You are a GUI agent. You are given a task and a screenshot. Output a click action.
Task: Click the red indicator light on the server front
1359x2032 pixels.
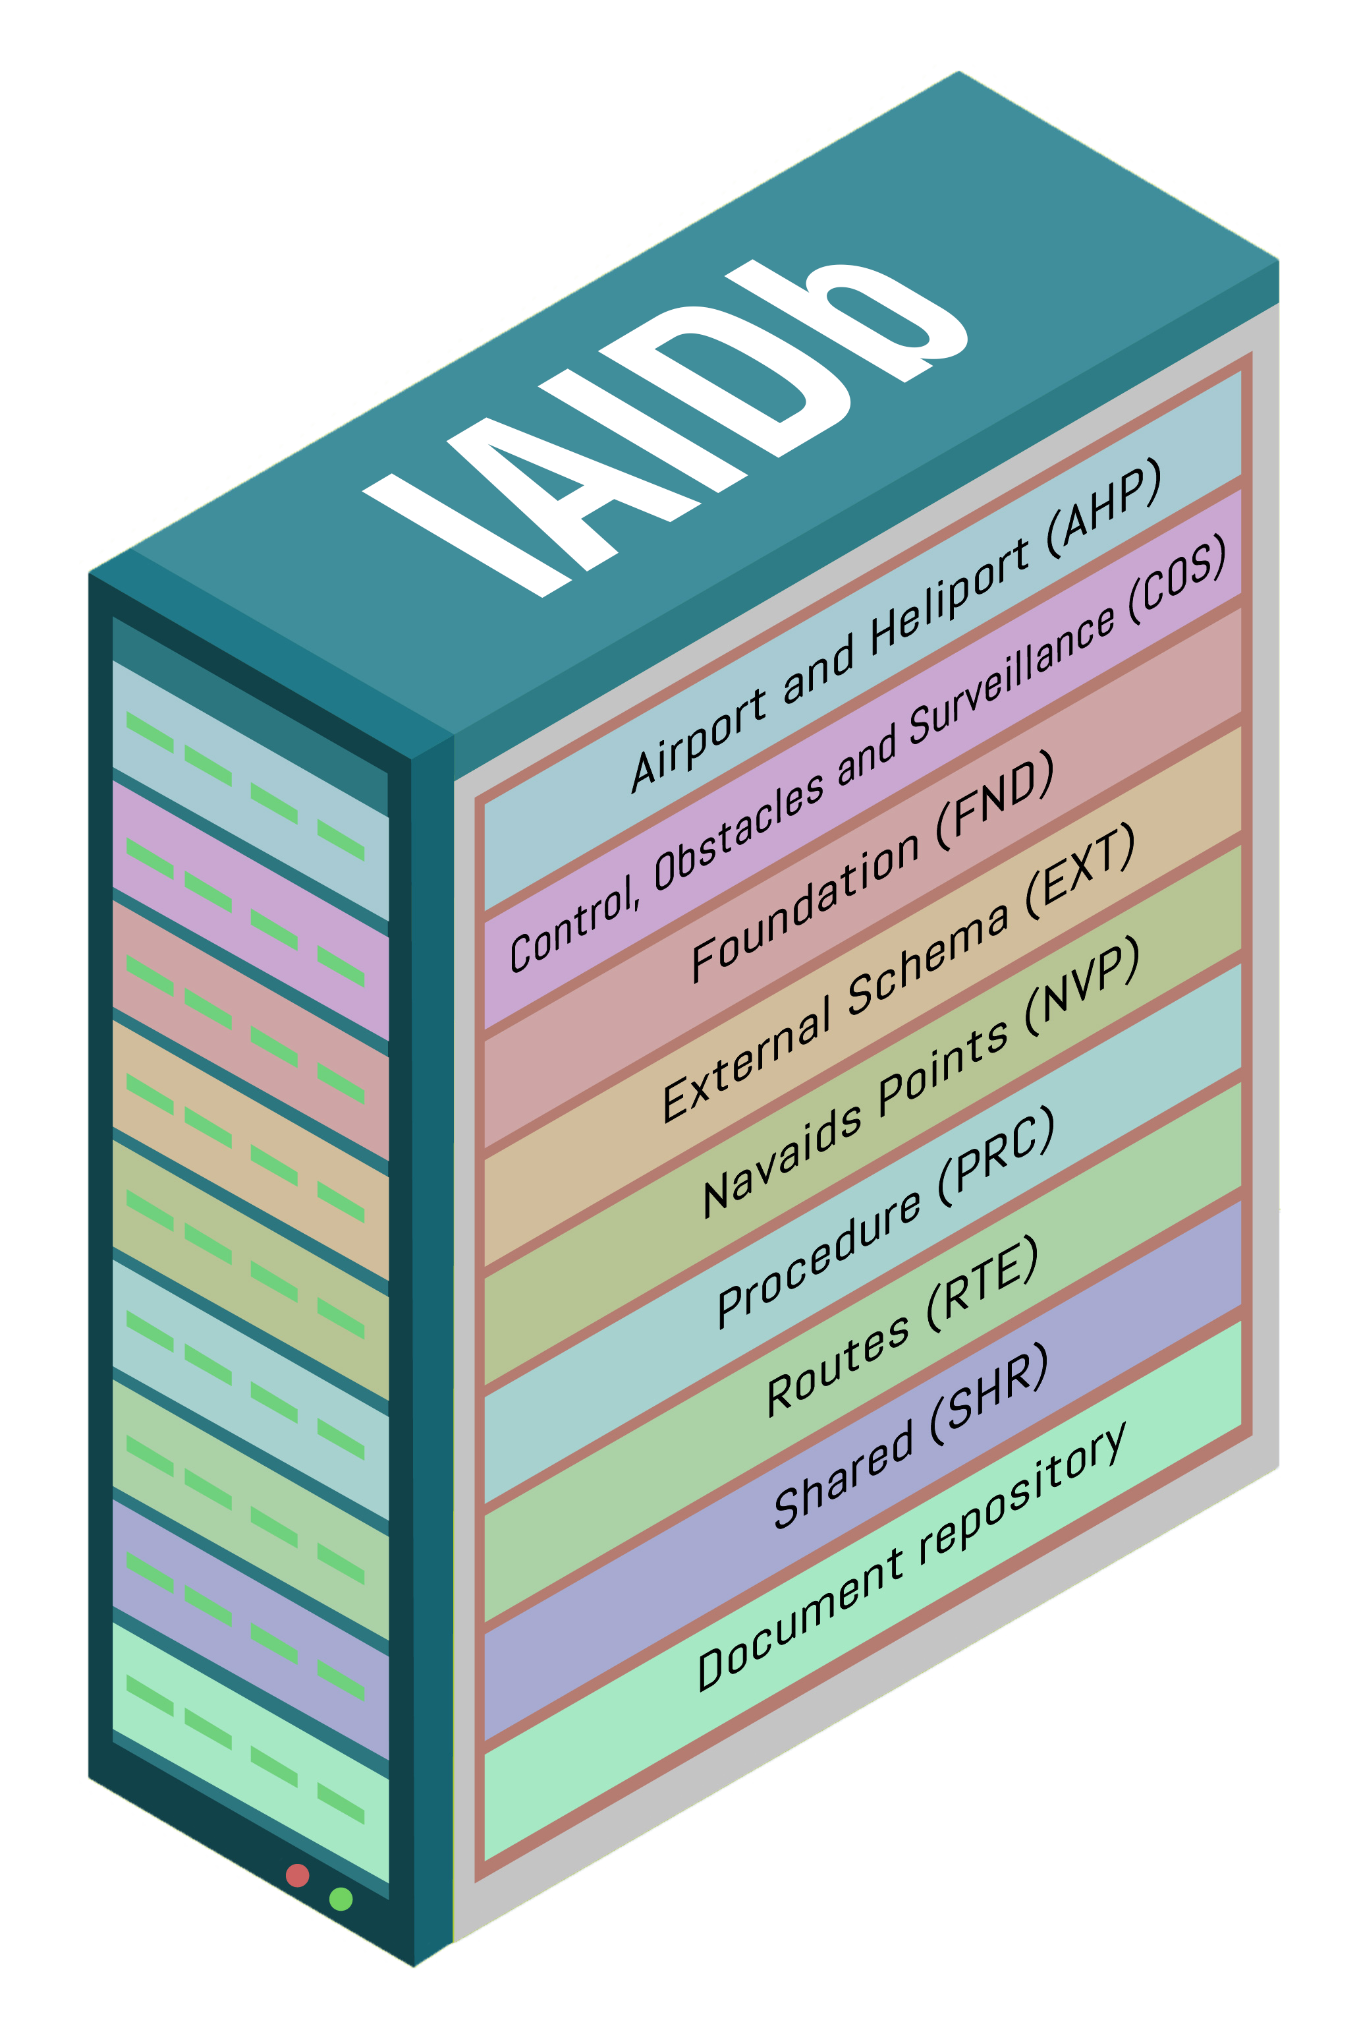pos(297,1875)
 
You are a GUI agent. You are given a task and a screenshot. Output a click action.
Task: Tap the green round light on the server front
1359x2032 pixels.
pos(341,1898)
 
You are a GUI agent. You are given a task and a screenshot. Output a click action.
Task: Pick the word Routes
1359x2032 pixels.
pos(837,1366)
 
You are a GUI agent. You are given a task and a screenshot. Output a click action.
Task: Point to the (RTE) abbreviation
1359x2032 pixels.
pos(982,1283)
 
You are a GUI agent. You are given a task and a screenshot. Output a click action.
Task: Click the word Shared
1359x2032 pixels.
pos(843,1474)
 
